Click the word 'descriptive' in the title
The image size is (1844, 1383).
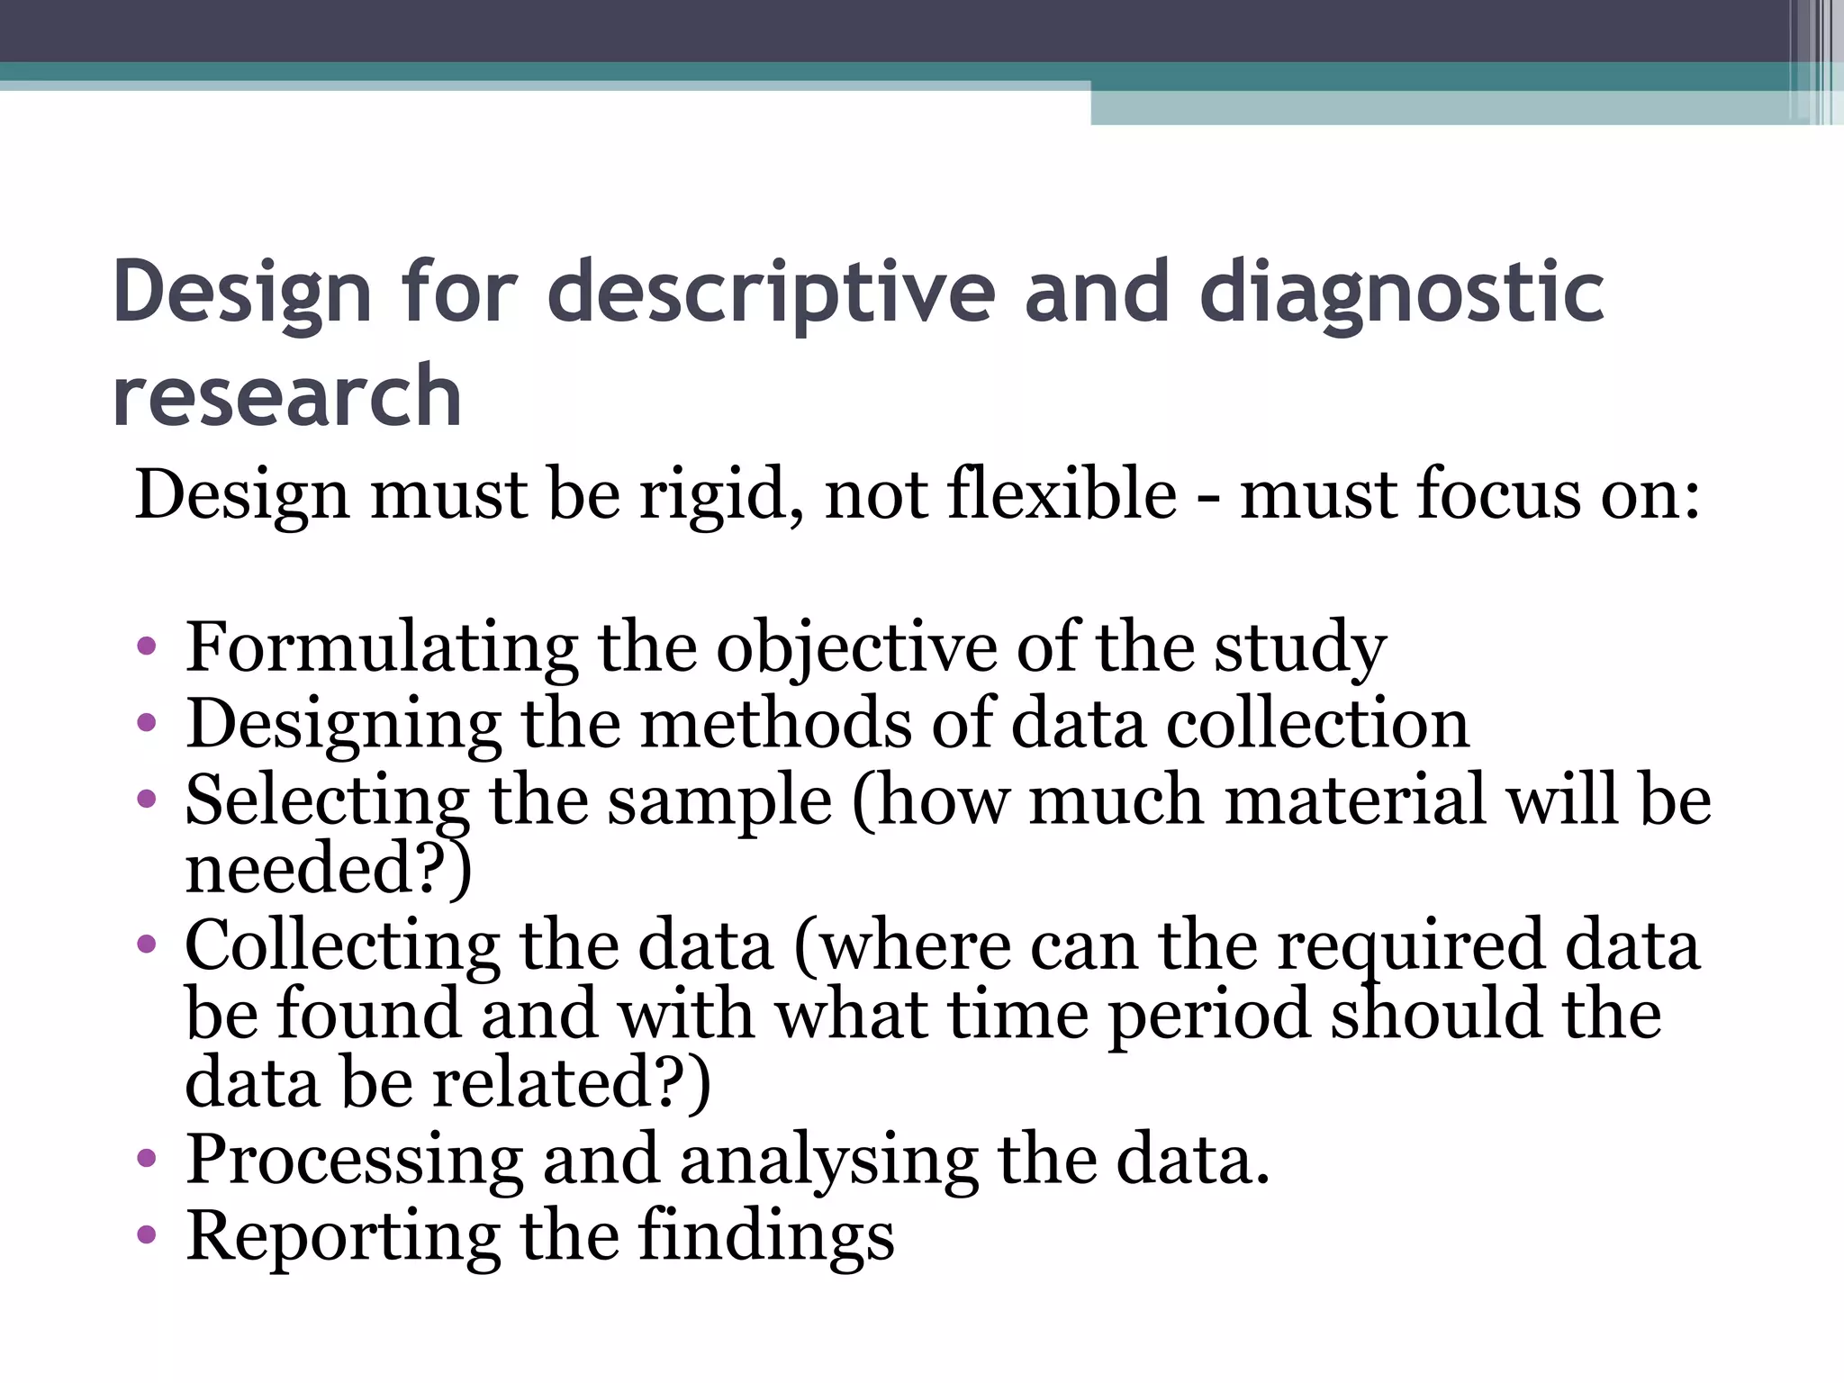(772, 293)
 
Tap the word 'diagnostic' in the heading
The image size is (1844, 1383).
(1402, 293)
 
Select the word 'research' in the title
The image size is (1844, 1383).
(287, 396)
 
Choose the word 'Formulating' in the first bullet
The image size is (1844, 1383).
(382, 648)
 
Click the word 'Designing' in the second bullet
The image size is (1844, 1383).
(343, 725)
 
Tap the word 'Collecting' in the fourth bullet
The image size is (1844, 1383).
(342, 945)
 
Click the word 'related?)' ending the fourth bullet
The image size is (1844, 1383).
(572, 1082)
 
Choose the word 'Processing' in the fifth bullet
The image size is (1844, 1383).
(354, 1161)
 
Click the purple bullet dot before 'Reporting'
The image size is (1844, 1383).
(147, 1235)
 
